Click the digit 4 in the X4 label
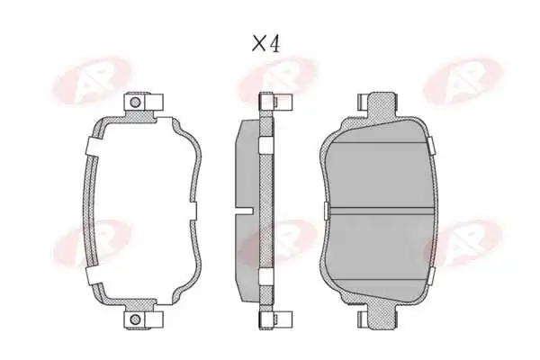(274, 44)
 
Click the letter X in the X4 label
(258, 44)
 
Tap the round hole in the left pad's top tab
(136, 102)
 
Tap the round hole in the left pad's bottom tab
(136, 319)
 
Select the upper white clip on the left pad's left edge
(93, 146)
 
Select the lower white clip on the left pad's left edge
(94, 274)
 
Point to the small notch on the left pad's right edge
(193, 211)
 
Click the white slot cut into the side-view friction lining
(244, 211)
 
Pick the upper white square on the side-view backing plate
(265, 144)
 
